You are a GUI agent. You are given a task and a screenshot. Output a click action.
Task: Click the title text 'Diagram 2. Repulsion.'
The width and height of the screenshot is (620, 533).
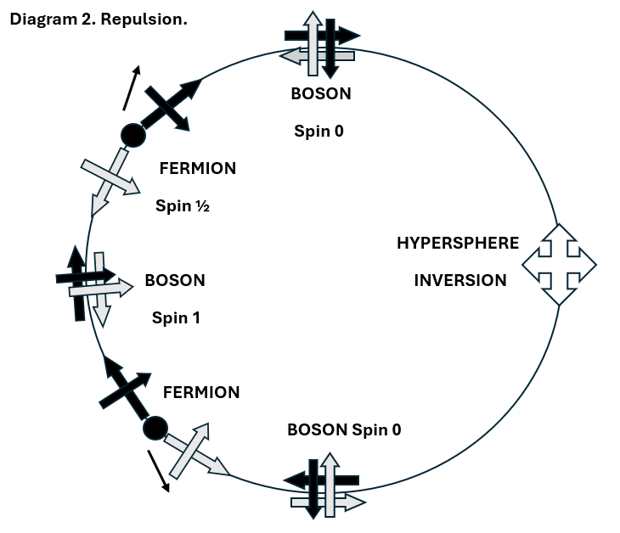(x=98, y=19)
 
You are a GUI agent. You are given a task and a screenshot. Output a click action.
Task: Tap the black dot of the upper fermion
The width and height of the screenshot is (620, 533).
(x=132, y=134)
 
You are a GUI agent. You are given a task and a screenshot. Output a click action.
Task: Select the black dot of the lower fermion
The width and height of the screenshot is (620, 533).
(x=155, y=428)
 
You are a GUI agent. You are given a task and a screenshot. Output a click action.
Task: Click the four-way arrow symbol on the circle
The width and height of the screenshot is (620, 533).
(x=558, y=264)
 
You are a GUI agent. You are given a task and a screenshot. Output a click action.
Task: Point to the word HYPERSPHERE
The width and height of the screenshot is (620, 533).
(x=458, y=244)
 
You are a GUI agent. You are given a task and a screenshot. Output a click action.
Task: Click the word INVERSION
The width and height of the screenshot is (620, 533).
(x=460, y=281)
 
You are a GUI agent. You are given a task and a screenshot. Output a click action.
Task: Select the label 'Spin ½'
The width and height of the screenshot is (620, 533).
(x=183, y=205)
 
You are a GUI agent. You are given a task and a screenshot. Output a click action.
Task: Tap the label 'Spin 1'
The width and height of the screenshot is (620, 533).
(x=175, y=317)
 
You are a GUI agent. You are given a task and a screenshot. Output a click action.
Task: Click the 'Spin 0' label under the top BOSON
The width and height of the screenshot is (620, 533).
(x=320, y=131)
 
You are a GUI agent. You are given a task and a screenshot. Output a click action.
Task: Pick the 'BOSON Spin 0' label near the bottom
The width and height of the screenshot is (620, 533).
(x=344, y=429)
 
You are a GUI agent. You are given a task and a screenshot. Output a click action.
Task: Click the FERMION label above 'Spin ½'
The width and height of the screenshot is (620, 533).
(x=198, y=168)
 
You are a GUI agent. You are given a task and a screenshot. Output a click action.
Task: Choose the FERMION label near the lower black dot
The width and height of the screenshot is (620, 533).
(x=201, y=392)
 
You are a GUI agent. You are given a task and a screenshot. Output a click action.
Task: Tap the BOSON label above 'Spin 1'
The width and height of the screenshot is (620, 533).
(x=175, y=280)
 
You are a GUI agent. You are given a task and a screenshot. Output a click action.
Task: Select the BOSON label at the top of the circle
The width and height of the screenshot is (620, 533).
(x=320, y=94)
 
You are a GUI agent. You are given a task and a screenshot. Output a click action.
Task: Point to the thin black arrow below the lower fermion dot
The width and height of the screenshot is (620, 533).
(x=158, y=470)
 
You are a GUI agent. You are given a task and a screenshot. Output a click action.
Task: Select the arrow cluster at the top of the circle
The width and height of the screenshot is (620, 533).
(x=321, y=44)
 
